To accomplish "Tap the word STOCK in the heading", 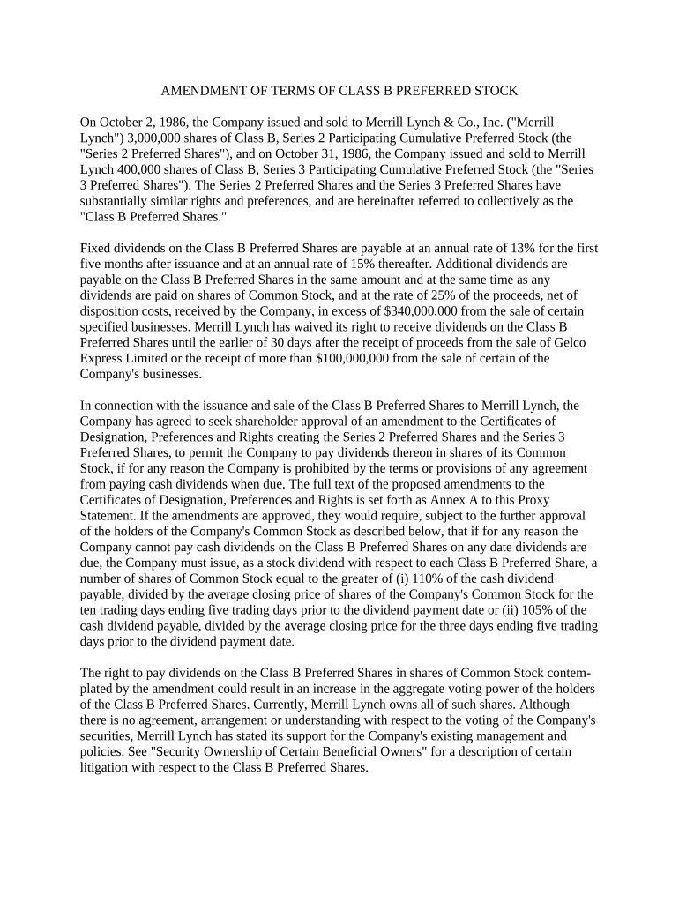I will click(491, 91).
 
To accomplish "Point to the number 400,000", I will click(138, 169).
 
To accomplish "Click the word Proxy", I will click(556, 500).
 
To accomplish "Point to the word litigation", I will click(107, 768).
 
